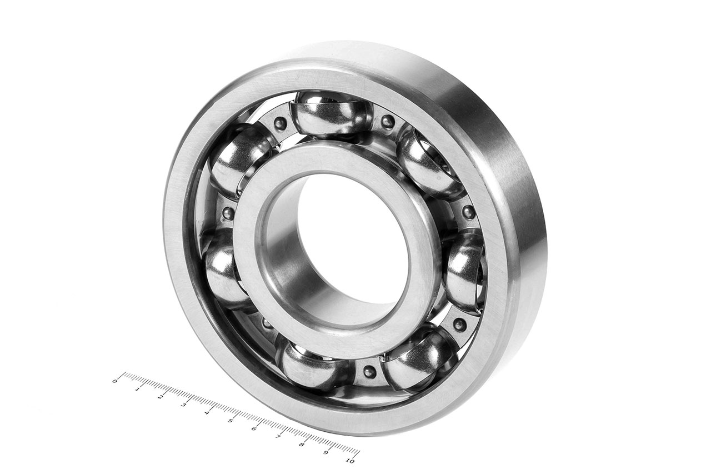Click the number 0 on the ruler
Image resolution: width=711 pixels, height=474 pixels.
(x=115, y=381)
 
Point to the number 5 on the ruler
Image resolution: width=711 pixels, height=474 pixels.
(x=230, y=421)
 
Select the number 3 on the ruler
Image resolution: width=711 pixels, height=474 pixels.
(x=183, y=405)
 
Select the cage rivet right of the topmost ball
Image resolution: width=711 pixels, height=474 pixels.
(x=388, y=121)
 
